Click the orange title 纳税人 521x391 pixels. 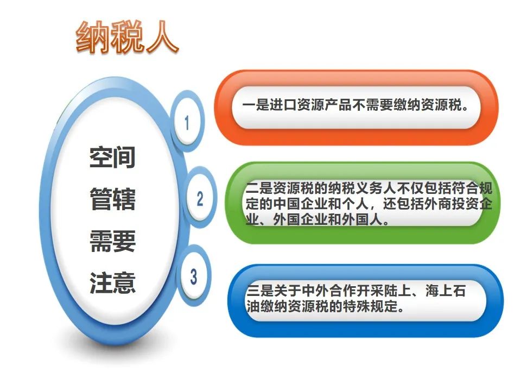127,37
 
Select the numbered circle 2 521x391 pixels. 200,199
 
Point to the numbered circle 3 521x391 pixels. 194,276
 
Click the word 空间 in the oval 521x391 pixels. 112,157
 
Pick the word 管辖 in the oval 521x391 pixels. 112,199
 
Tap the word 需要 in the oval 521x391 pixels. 112,241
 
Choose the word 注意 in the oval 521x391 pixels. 112,282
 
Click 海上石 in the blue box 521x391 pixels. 446,291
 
